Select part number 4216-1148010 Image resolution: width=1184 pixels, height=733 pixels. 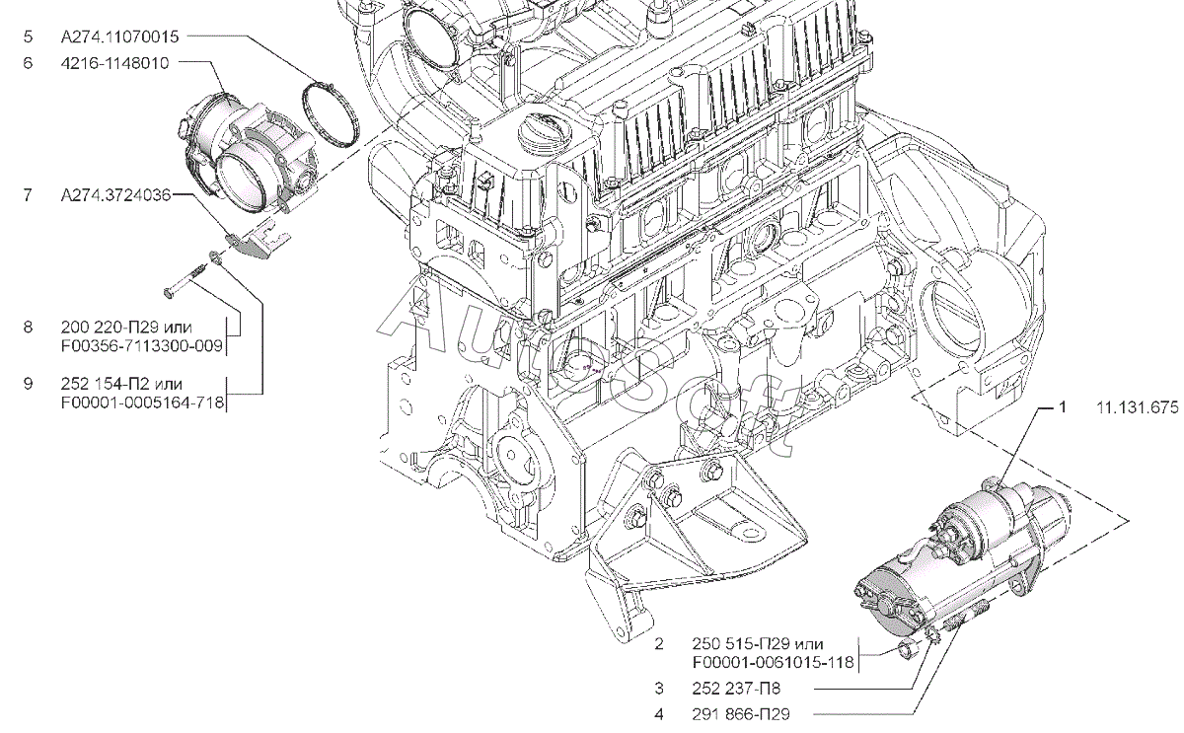pos(114,63)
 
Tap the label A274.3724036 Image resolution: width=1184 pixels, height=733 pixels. pos(115,196)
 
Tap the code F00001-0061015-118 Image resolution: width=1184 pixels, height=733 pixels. pos(773,663)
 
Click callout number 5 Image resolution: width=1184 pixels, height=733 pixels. pos(28,37)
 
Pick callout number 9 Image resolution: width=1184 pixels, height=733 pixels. pos(28,383)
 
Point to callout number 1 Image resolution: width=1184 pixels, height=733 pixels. pos(1063,407)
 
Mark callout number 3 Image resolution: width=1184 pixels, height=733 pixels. pos(658,690)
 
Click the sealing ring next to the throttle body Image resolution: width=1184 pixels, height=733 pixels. pos(330,111)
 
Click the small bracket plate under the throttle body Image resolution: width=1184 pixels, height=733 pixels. pos(258,240)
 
